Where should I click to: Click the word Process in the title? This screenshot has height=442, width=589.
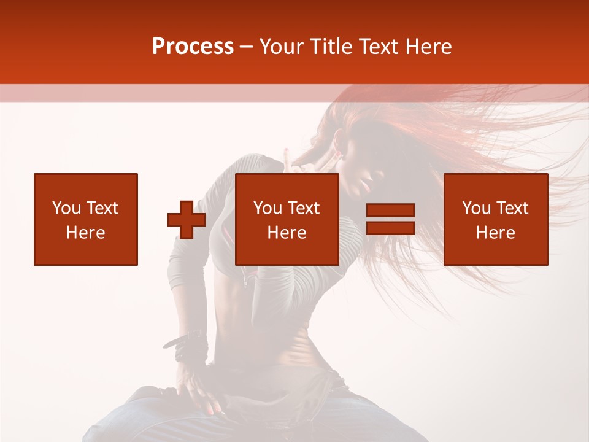tap(193, 47)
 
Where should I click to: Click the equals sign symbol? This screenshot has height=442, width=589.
tap(390, 219)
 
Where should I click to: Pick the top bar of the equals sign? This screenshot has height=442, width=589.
tap(390, 211)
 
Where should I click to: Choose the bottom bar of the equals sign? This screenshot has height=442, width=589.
tap(390, 228)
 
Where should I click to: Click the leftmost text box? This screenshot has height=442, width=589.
tap(86, 219)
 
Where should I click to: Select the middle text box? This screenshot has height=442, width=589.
tap(287, 219)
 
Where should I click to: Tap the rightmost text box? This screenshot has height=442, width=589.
tap(495, 219)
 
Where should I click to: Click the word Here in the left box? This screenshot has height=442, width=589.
tap(86, 233)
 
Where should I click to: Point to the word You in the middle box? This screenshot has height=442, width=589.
tap(268, 208)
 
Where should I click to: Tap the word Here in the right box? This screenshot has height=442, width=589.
tap(495, 233)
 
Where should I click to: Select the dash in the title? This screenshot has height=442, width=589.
tap(247, 47)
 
